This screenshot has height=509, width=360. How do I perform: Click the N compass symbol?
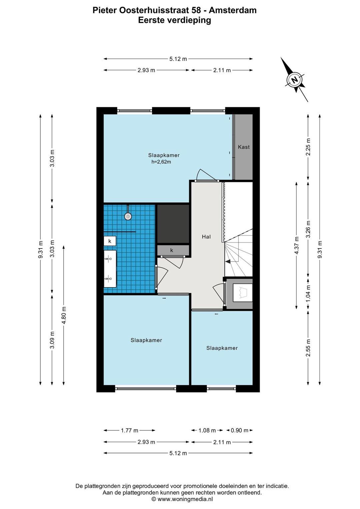coord(295,80)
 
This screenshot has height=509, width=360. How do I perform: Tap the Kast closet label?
coord(244,147)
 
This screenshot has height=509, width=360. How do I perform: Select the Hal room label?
coord(206,237)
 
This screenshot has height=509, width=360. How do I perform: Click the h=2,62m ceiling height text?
coord(161,162)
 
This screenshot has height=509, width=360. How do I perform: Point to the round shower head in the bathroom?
coord(128,216)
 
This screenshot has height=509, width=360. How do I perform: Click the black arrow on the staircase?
coord(228,261)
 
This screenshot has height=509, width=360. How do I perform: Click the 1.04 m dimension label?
coord(308,293)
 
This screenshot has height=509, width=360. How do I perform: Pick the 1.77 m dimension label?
coord(129,430)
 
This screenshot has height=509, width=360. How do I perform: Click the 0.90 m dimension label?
coord(239,430)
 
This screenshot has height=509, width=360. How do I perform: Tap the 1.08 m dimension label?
coord(207,430)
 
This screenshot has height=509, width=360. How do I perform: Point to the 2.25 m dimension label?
coord(308,147)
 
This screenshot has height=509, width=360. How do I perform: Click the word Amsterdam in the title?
coord(233,10)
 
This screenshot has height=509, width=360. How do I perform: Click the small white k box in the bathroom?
coord(110,241)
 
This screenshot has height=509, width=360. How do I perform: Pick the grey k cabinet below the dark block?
coord(173,251)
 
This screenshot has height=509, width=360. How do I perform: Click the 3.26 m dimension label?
coord(308,229)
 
